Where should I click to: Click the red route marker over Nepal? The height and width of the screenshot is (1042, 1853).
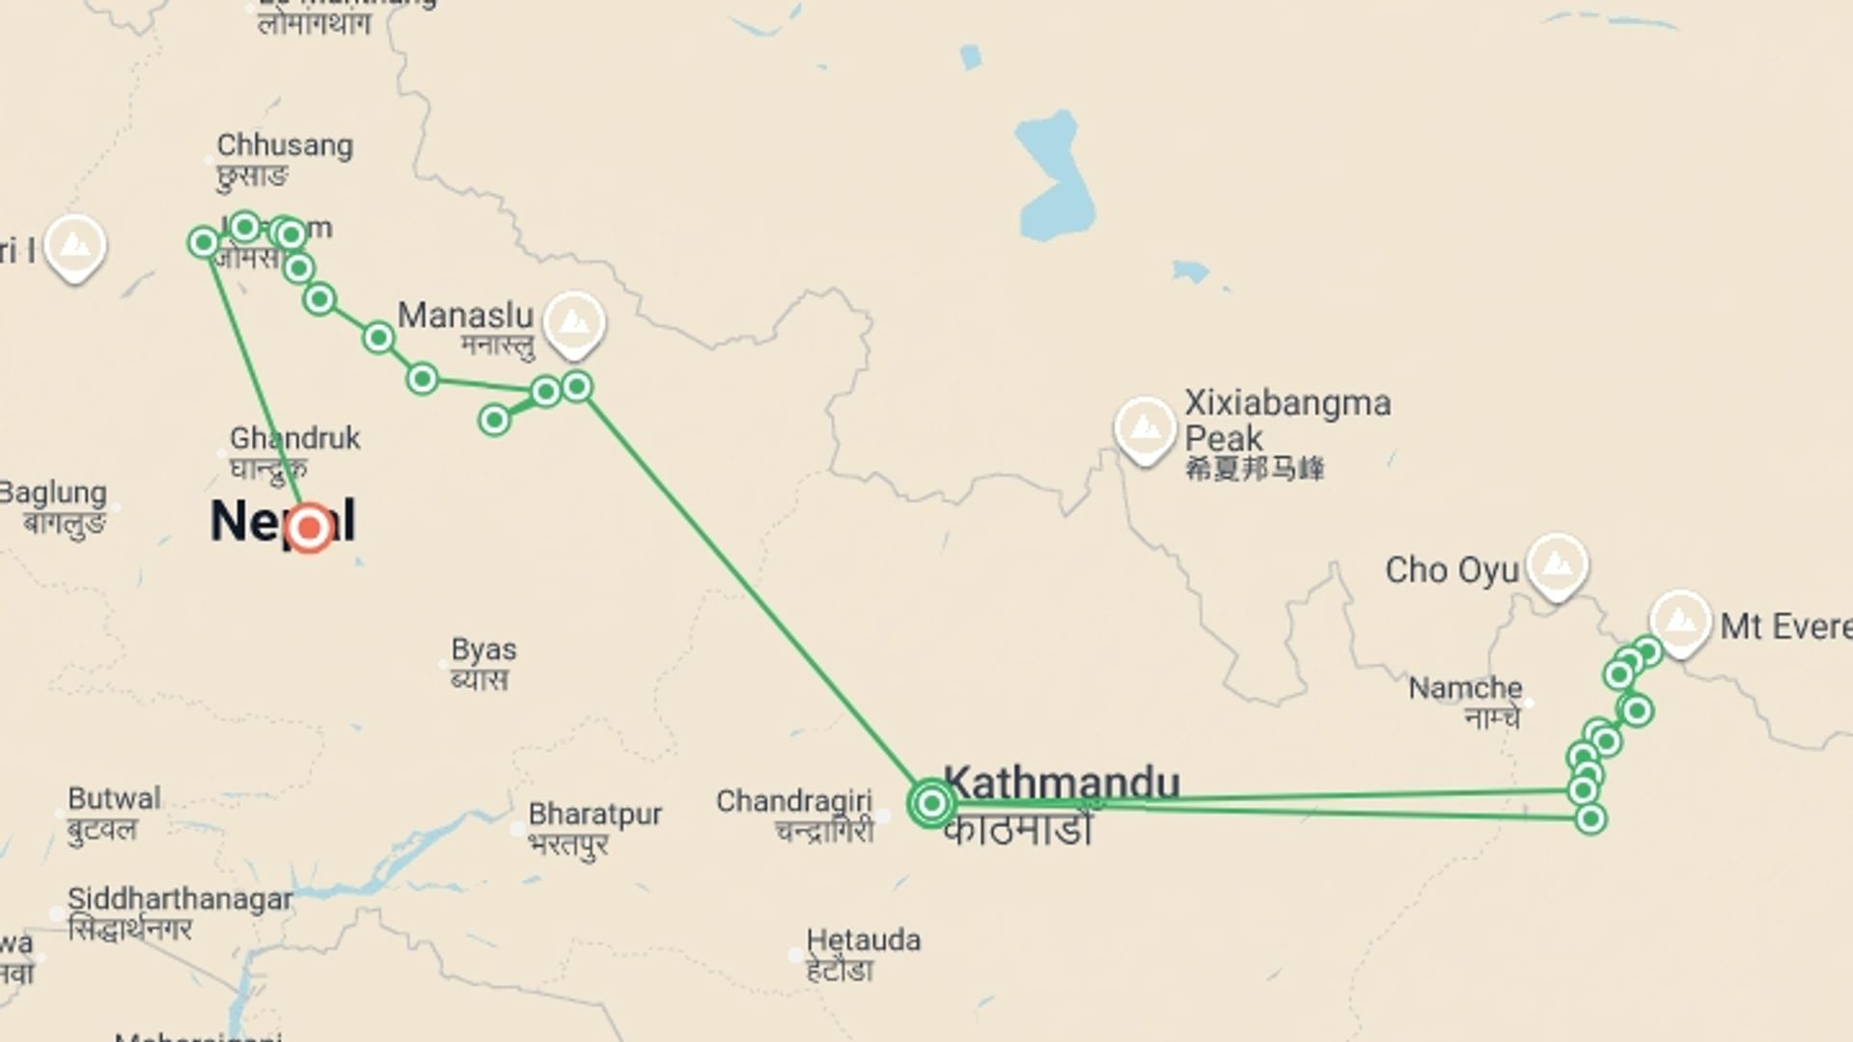coord(310,528)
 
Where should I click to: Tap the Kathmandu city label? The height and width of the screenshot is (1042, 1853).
coord(1062,782)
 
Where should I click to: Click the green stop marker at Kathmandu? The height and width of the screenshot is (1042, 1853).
coord(931,803)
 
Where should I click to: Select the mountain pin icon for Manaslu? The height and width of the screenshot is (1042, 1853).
coord(574,321)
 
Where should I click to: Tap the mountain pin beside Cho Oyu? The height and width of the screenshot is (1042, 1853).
coord(1557,564)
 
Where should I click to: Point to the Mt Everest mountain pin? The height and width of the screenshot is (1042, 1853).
coord(1680,620)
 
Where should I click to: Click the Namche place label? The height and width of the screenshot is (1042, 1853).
coord(1465,689)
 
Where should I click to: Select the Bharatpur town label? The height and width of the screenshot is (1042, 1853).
coord(595,814)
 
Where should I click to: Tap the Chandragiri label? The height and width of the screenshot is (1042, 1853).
coord(793,801)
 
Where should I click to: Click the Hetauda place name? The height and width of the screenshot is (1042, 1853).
coord(863,940)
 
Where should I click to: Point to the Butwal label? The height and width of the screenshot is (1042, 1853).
coord(114,799)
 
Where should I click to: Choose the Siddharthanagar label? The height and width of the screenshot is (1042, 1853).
coord(180,899)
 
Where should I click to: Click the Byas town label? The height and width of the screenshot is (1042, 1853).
coord(484,649)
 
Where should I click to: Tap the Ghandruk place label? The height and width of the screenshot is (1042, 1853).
coord(294,438)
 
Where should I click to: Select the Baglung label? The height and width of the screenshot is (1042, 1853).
coord(53,493)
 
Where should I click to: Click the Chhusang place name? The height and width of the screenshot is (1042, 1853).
coord(285,146)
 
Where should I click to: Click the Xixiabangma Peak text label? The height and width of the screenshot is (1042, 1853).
coord(1286,420)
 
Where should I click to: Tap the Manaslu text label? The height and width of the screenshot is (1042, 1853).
coord(465,315)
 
